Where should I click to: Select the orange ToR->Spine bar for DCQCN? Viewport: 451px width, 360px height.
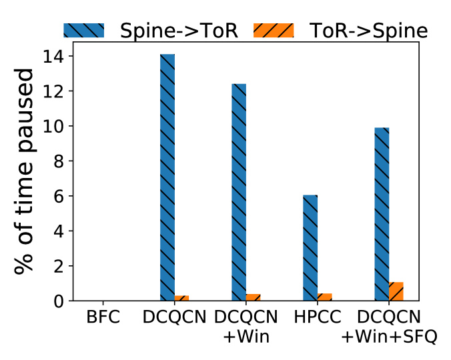point(181,298)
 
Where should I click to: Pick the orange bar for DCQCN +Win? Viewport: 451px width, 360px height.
point(253,297)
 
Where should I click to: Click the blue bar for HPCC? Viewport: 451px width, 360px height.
point(310,248)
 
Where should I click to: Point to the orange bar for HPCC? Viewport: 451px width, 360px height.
point(324,297)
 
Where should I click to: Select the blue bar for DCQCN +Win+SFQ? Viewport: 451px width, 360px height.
point(382,214)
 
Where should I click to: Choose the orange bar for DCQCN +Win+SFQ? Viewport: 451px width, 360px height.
point(396,291)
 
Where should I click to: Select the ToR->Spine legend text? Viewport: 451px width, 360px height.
point(368,31)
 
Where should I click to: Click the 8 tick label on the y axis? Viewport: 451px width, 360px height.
point(59,162)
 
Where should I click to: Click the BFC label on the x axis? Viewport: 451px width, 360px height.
point(103,317)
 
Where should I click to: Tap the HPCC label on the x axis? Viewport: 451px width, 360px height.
point(317,317)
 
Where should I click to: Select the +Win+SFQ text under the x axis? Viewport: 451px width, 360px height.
point(389,337)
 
